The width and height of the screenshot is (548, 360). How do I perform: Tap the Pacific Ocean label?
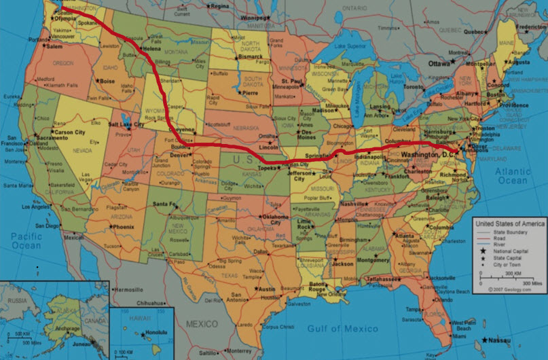coord(26,240)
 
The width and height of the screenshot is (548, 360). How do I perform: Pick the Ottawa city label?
coord(441,63)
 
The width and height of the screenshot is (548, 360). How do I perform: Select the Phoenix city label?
coord(124,226)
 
